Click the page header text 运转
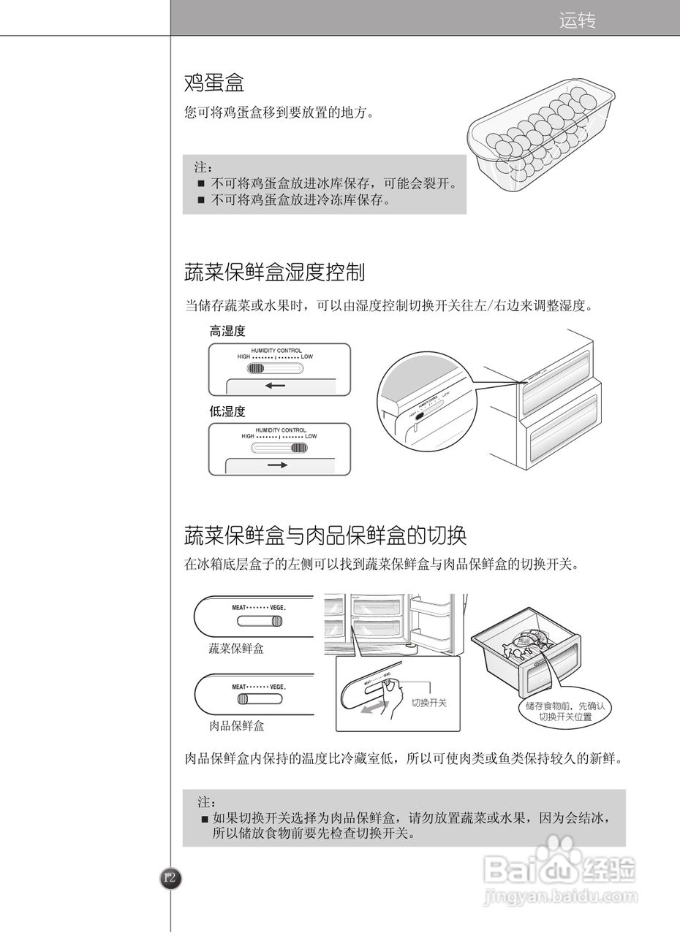(x=577, y=20)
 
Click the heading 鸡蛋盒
(x=214, y=83)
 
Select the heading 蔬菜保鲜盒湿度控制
(x=274, y=273)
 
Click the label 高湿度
(x=227, y=332)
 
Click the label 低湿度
(x=227, y=411)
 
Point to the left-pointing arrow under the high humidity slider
(x=276, y=386)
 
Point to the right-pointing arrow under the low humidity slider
(x=277, y=465)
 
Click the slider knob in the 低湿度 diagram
(x=299, y=449)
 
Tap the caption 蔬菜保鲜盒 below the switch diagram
(x=236, y=648)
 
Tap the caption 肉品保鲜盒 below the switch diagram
(x=237, y=726)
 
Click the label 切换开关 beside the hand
(x=428, y=703)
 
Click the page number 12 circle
(x=170, y=878)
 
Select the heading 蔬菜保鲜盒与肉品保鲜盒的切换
(x=325, y=536)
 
